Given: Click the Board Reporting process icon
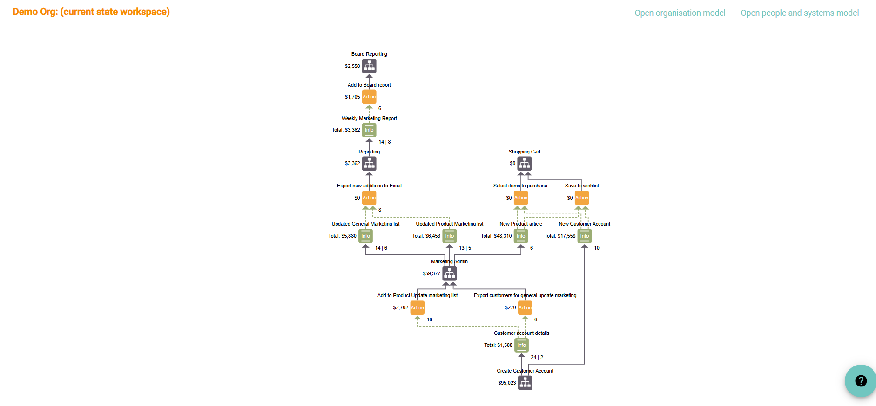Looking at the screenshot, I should pyautogui.click(x=369, y=67).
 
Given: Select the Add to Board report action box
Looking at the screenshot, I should pyautogui.click(x=369, y=97).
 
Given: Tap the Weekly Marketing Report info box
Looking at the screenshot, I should pyautogui.click(x=369, y=130).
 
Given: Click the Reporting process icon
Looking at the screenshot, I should pyautogui.click(x=369, y=164).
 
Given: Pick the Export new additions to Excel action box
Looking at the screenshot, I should pyautogui.click(x=369, y=198).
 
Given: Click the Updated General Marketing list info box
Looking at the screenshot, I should pyautogui.click(x=366, y=236).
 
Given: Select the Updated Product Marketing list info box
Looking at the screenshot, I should pyautogui.click(x=450, y=236).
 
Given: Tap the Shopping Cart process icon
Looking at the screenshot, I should pyautogui.click(x=525, y=164).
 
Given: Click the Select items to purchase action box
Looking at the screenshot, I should pyautogui.click(x=521, y=198).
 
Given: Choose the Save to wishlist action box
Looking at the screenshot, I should pyautogui.click(x=582, y=198).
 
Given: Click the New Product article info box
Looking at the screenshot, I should pyautogui.click(x=521, y=236).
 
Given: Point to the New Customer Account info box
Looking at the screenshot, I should pyautogui.click(x=585, y=236).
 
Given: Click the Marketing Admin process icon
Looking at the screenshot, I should pyautogui.click(x=450, y=274).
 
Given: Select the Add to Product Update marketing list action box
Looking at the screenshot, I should pyautogui.click(x=418, y=308).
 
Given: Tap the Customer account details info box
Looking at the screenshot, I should pyautogui.click(x=522, y=346).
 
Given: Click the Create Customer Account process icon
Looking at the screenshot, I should pyautogui.click(x=525, y=383).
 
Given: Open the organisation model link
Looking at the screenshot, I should pyautogui.click(x=680, y=13).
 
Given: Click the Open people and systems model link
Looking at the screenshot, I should pyautogui.click(x=800, y=13).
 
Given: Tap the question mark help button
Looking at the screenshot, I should pyautogui.click(x=861, y=381).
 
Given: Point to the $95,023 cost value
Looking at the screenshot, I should pyautogui.click(x=507, y=383).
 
